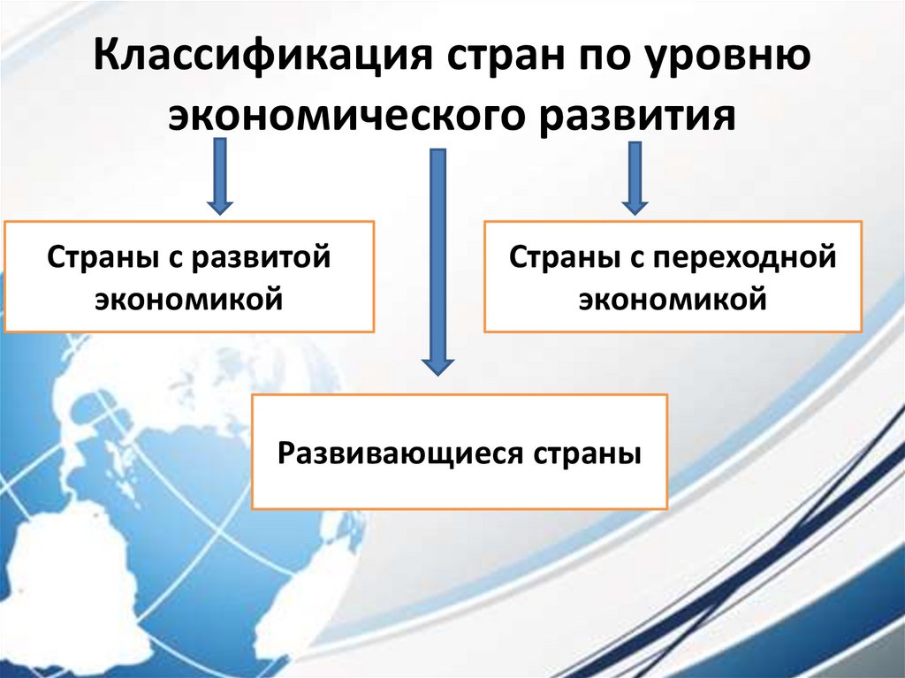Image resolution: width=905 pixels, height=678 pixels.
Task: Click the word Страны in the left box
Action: click(99, 258)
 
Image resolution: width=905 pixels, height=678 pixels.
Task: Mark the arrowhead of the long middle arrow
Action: click(437, 363)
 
